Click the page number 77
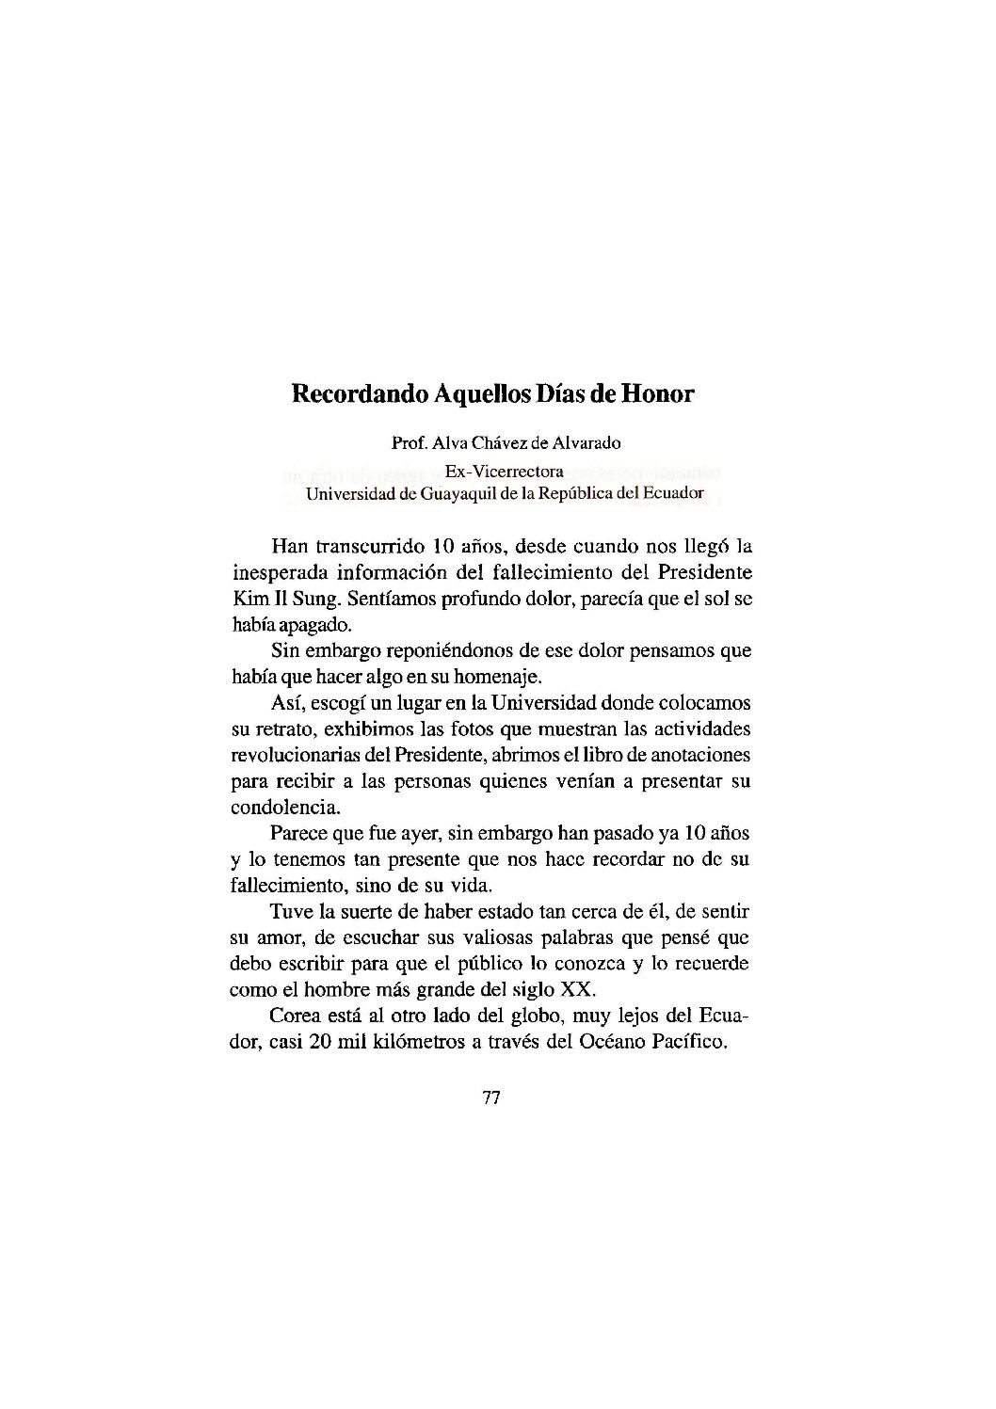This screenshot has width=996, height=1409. [x=490, y=1098]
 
